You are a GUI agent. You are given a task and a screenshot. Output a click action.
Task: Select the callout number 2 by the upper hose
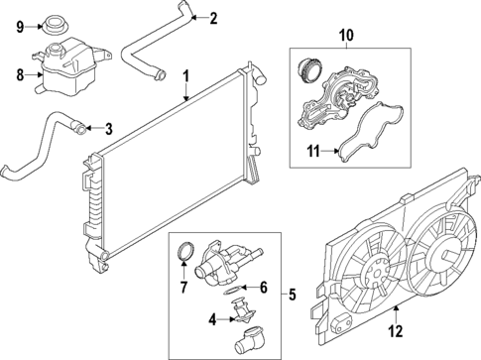tap(213, 17)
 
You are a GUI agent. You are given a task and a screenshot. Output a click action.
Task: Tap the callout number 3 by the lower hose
tap(108, 128)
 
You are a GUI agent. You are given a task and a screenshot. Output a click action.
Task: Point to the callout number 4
tap(211, 319)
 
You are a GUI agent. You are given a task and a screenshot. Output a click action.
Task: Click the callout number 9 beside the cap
tap(19, 27)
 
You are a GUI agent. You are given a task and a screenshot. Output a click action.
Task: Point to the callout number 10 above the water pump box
tap(345, 37)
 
